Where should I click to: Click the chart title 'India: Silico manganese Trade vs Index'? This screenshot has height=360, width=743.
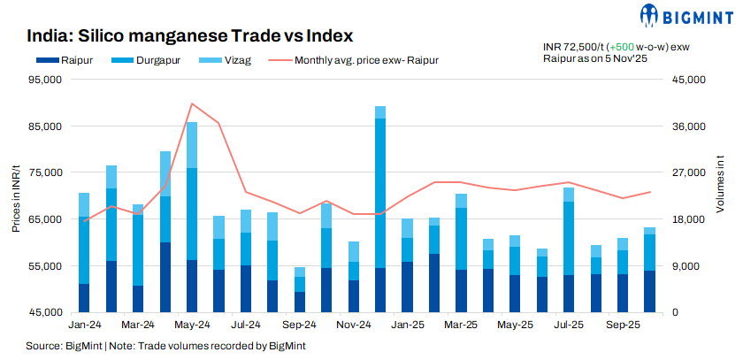190,36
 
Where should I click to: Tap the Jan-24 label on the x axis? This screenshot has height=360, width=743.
83,326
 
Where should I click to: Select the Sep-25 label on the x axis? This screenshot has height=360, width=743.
624,326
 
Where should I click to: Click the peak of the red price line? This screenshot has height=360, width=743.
192,103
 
